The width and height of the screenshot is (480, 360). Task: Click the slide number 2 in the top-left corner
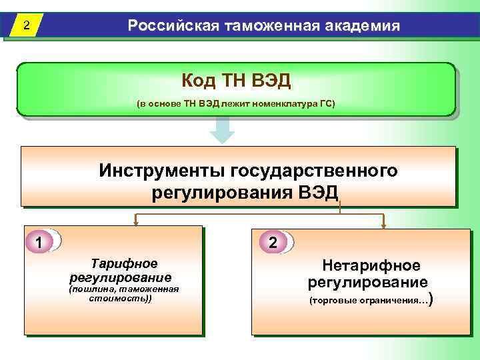click(25, 27)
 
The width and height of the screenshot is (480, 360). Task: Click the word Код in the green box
click(199, 81)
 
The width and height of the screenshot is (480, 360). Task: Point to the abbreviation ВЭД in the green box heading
click(271, 81)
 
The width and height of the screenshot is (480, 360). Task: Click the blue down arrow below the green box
click(222, 130)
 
